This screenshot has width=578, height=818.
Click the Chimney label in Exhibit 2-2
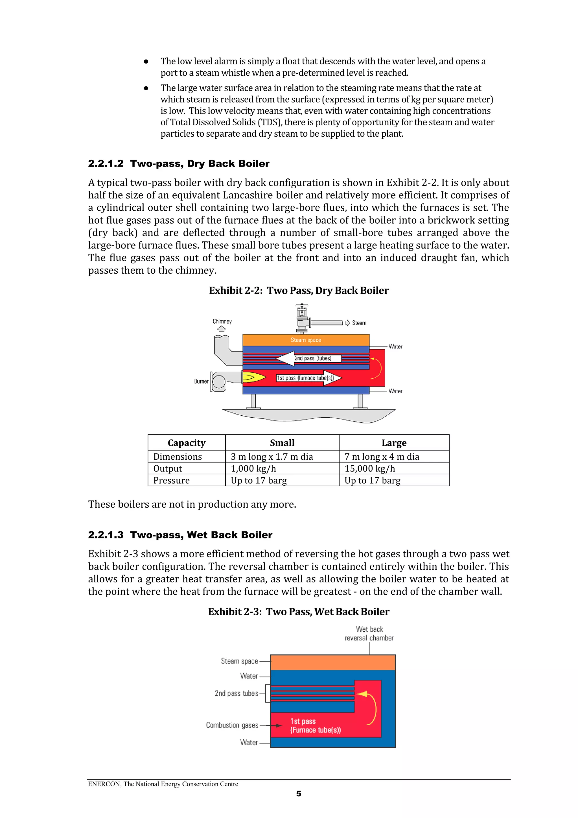pos(222,321)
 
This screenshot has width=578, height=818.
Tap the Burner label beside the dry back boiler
pos(201,381)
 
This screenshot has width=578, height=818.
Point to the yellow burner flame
pos(253,377)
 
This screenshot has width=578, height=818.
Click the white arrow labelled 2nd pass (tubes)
pos(308,358)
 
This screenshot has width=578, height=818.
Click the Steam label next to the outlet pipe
pos(359,323)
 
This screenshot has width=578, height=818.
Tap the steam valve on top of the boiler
pos(302,317)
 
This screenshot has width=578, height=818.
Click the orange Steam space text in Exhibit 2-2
pos(306,340)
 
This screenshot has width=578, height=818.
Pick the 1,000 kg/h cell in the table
pos(253,468)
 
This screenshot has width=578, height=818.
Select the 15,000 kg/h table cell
pos(370,468)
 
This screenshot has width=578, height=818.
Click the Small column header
pos(282,443)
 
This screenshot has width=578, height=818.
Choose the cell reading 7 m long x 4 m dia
pos(382,457)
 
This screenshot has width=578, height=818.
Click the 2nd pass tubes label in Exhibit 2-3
pos(237,693)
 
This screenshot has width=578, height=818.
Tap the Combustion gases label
pos(232,725)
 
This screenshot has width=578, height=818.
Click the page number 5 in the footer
pos(298,794)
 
